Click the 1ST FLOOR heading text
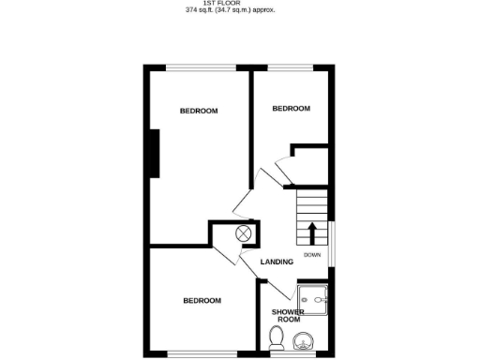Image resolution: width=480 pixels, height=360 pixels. pos(240,4)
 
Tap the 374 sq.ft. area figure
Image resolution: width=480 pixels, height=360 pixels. pos(198,12)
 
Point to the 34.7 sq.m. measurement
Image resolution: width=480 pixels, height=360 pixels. pos(239,12)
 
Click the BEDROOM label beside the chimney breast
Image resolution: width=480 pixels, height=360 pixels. pos(199,111)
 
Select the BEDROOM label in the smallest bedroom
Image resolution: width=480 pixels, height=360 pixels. pos(291,109)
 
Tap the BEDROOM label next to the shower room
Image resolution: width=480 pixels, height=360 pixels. pos(202,300)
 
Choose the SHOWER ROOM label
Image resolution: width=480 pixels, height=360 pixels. pos(286,316)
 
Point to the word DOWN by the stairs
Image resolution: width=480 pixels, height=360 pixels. pos(312,254)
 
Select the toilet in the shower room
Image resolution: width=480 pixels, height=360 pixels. pos(277,337)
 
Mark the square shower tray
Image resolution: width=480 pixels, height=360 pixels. pos(315,301)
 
